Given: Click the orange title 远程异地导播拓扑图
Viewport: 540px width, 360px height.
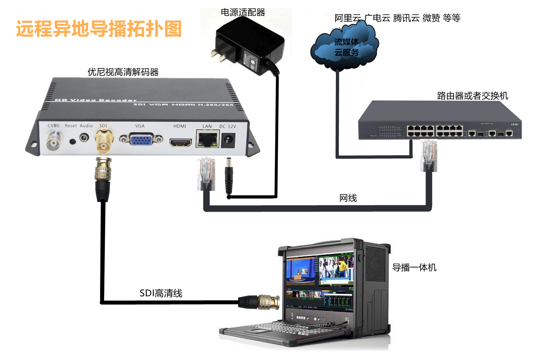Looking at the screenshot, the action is (x=99, y=29).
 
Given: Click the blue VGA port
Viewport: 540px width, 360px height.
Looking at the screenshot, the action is (x=141, y=139).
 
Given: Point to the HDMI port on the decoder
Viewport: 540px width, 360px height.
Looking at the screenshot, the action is (x=181, y=142).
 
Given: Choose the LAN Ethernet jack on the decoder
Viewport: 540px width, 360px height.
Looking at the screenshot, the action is (x=208, y=139).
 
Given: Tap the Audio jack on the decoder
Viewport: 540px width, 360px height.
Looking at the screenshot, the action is (x=84, y=138).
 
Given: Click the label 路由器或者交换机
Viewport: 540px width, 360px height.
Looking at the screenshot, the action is (x=472, y=96).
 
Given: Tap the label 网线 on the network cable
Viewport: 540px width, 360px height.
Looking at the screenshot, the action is (x=348, y=198).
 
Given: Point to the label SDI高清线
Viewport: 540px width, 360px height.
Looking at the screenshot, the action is (x=161, y=293).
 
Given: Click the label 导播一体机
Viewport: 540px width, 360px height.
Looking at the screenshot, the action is (x=414, y=267).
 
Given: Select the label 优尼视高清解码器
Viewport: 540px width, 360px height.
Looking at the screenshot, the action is (x=123, y=72).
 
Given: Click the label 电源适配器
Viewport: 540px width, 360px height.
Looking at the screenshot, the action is (x=243, y=13).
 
